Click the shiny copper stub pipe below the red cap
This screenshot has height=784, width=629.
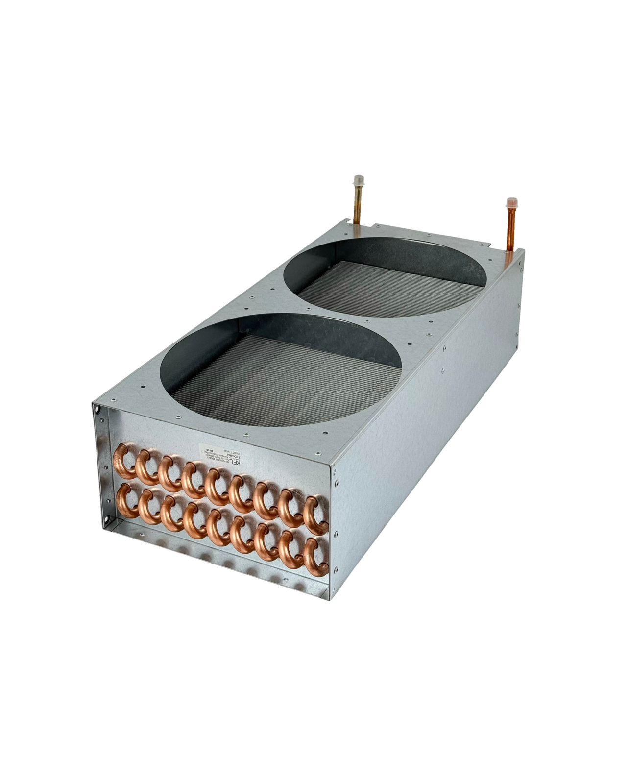click(509, 230)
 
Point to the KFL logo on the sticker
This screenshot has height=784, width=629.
click(236, 464)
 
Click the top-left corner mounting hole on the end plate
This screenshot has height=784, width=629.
click(97, 407)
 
